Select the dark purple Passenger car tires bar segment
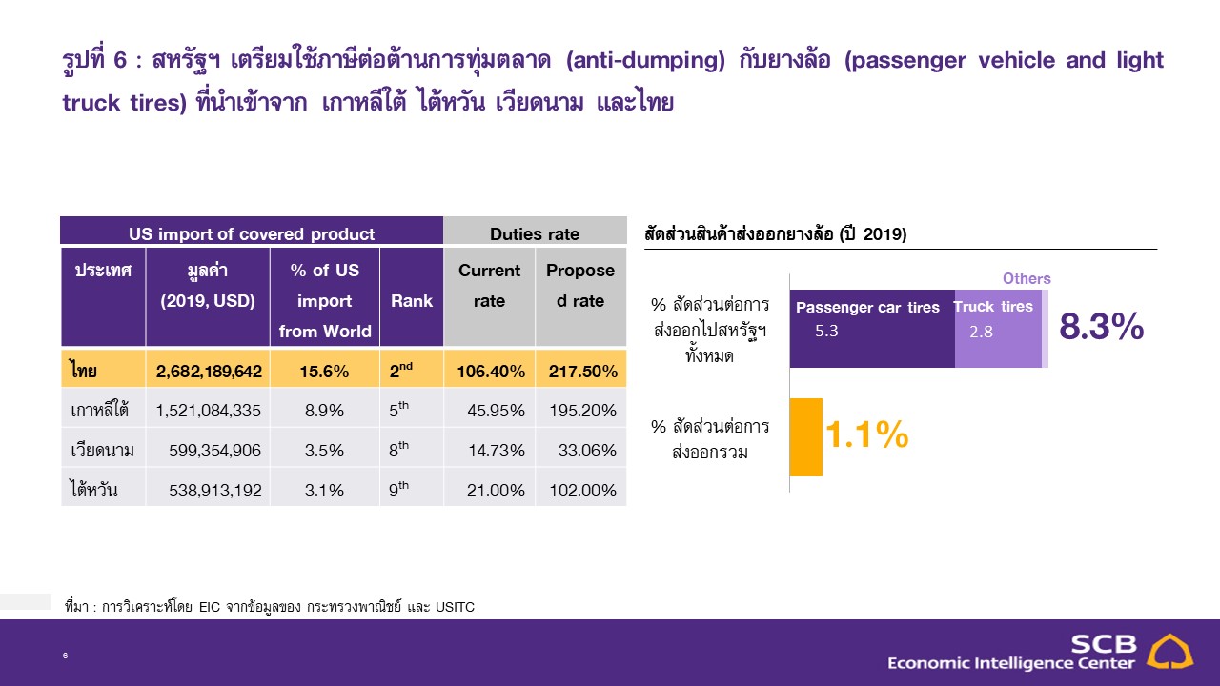872,329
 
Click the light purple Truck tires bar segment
998,329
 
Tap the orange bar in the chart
806,437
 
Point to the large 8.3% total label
1101,327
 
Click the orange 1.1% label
867,434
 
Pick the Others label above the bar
1027,278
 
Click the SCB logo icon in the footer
1169,652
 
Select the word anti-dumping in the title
646,61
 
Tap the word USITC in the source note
455,607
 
